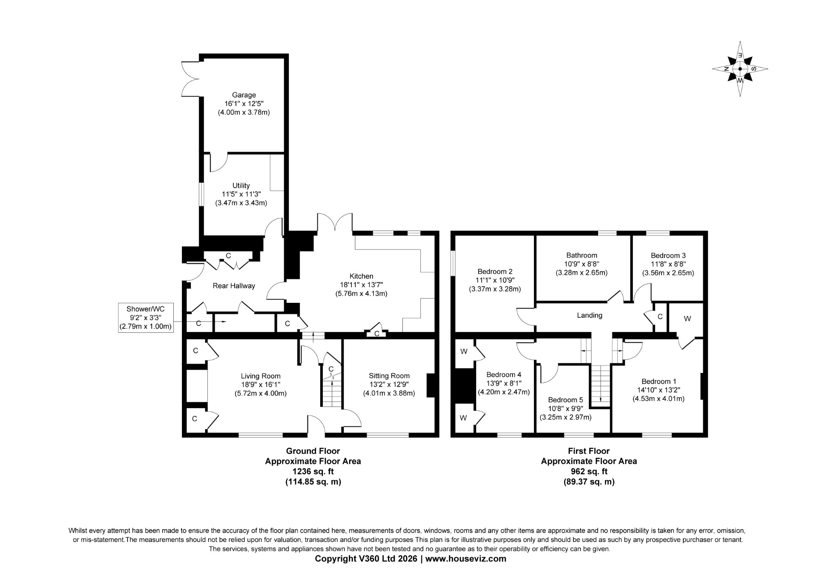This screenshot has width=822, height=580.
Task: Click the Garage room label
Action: [x=244, y=95]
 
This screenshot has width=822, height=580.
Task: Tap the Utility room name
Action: [x=241, y=186]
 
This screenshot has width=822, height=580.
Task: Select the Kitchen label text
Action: [x=361, y=276]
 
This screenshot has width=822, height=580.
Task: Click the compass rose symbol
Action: [x=740, y=68]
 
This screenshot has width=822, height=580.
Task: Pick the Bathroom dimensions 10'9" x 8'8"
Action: [x=581, y=264]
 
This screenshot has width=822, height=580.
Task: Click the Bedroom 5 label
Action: [x=566, y=400]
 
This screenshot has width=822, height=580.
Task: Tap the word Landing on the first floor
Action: [x=590, y=315]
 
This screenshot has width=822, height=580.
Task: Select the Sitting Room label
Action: [x=389, y=376]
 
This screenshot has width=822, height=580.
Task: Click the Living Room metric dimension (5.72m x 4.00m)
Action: [x=261, y=393]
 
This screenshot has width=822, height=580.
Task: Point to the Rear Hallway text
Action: [x=234, y=286]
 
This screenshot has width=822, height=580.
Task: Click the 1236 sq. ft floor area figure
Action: [x=313, y=471]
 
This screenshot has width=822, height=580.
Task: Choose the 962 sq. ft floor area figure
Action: [x=589, y=471]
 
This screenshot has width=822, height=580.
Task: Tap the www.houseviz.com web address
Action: [x=466, y=559]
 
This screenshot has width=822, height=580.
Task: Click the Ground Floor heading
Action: [x=313, y=451]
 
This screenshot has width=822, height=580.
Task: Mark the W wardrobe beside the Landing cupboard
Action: [x=687, y=319]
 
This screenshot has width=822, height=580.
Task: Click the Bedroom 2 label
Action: [x=495, y=271]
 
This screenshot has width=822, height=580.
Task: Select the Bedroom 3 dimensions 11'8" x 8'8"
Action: [x=668, y=264]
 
